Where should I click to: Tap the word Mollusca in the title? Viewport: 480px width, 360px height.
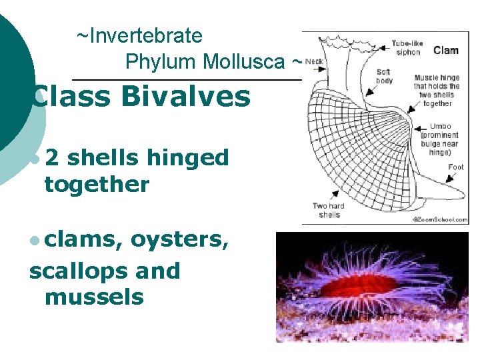(x=243, y=62)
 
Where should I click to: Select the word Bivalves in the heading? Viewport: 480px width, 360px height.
(x=186, y=97)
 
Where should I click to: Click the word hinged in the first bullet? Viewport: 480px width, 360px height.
(x=188, y=158)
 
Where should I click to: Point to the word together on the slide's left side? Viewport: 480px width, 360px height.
(x=97, y=183)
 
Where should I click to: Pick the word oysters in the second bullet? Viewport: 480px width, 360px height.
(x=180, y=241)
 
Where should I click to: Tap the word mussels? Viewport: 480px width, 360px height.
(x=94, y=296)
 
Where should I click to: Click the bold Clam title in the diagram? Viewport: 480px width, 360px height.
(x=445, y=51)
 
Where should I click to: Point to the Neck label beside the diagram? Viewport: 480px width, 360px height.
(x=315, y=61)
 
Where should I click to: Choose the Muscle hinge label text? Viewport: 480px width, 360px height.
(x=437, y=90)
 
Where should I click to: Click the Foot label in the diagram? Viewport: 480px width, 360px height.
(x=456, y=167)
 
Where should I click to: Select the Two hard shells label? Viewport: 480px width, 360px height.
(x=329, y=210)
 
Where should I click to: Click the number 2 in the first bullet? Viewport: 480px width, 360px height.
(x=51, y=158)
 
